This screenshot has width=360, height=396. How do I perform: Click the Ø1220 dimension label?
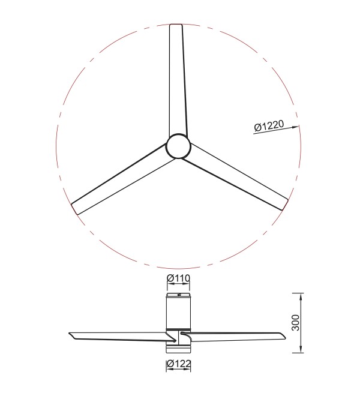[x=269, y=125]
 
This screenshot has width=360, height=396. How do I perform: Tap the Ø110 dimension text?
[x=178, y=278]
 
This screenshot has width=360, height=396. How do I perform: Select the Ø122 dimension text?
[x=179, y=364]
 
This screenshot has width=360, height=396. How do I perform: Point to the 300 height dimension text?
[x=295, y=323]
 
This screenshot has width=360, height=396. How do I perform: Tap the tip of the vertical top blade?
[x=176, y=25]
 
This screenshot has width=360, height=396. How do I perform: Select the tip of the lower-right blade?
[x=285, y=205]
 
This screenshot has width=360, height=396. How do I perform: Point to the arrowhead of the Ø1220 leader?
[x=295, y=127]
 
